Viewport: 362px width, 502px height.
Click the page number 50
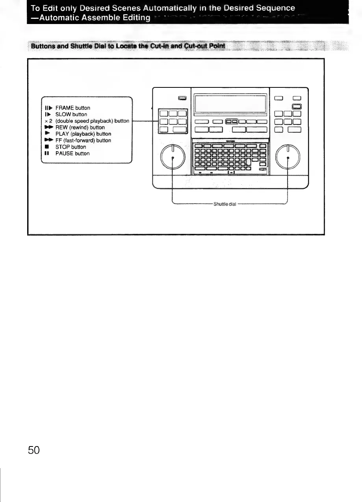(x=34, y=450)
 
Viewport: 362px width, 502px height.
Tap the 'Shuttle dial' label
(x=225, y=204)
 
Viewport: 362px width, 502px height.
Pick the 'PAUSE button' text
(x=72, y=154)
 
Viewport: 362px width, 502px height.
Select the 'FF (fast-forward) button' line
(x=83, y=141)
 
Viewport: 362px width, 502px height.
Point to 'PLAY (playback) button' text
(x=83, y=134)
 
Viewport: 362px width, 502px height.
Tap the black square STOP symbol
(x=46, y=147)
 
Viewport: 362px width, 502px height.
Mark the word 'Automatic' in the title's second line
(x=54, y=18)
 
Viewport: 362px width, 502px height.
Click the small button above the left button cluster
(x=182, y=98)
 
